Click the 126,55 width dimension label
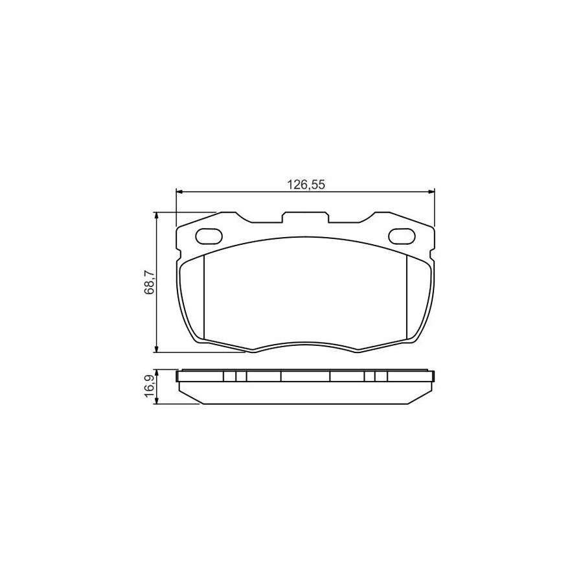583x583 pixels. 306,185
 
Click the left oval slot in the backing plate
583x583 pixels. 208,235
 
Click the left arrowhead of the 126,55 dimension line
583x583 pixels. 179,192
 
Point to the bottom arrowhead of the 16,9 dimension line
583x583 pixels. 156,401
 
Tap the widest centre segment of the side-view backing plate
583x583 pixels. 305,376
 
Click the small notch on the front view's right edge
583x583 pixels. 433,249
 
